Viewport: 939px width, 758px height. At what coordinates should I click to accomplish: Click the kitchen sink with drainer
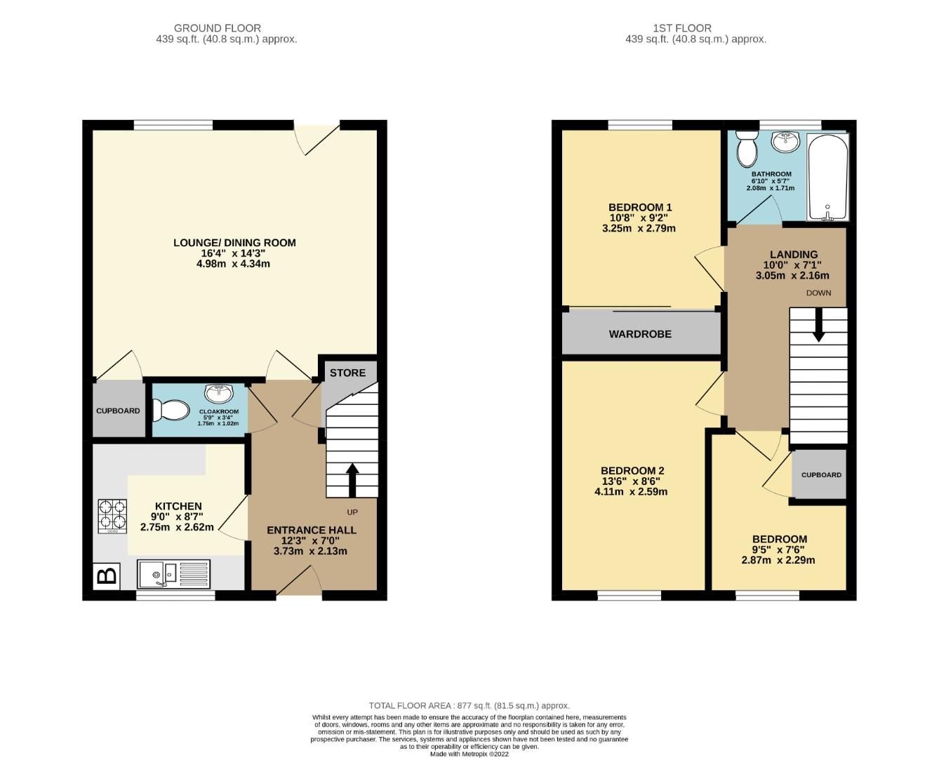pyautogui.click(x=173, y=573)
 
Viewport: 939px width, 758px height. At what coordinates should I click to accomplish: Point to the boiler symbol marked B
pyautogui.click(x=107, y=576)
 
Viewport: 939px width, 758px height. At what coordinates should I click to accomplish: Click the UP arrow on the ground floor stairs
pyautogui.click(x=352, y=479)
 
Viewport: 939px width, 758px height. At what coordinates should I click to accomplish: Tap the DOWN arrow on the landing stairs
pyautogui.click(x=818, y=328)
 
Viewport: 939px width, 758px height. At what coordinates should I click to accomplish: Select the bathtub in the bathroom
pyautogui.click(x=828, y=177)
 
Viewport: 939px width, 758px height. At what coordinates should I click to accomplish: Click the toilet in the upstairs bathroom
pyautogui.click(x=746, y=147)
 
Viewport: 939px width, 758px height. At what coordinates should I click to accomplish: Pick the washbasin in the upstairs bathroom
pyautogui.click(x=785, y=142)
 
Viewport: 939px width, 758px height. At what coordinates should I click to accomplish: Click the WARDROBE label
pyautogui.click(x=640, y=334)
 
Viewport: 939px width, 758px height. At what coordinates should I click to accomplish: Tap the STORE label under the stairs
pyautogui.click(x=348, y=373)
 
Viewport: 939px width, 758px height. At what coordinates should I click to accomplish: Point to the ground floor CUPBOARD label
pyautogui.click(x=118, y=411)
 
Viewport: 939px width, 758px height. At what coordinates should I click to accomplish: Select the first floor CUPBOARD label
pyautogui.click(x=821, y=474)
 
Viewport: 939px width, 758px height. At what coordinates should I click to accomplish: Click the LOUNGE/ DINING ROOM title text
pyautogui.click(x=234, y=243)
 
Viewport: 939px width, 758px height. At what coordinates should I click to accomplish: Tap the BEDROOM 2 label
pyautogui.click(x=632, y=471)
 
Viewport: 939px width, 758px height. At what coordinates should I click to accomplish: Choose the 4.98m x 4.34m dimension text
pyautogui.click(x=234, y=264)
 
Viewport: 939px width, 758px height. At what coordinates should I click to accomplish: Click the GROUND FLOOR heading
pyautogui.click(x=218, y=28)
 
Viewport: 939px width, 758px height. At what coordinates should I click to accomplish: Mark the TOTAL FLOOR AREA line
pyautogui.click(x=469, y=705)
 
